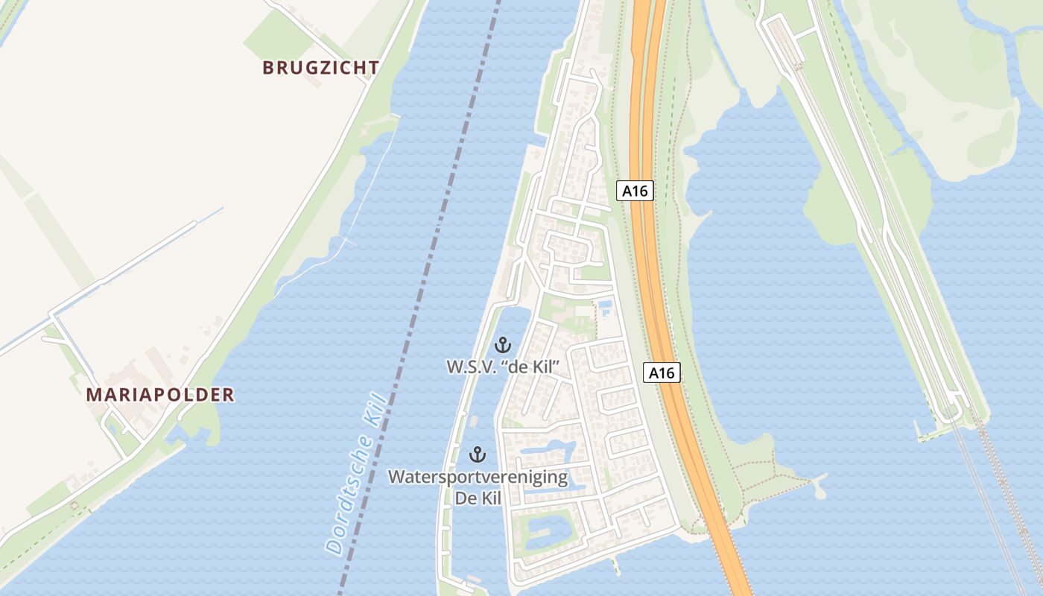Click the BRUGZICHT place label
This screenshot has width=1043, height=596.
coord(320,68)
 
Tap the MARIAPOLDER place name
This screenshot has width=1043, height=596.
coord(160,395)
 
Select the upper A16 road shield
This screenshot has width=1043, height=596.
coord(635,191)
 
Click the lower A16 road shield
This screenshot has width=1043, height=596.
coord(662,372)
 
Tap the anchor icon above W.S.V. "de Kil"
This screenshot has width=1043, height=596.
coord(503,345)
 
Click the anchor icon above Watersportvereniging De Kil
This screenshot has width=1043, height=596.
coord(477,454)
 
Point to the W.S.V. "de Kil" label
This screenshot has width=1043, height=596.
coord(503,367)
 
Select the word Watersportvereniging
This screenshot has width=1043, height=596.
coord(478,477)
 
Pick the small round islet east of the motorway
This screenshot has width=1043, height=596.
coord(820,492)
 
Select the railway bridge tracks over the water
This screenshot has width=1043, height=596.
coord(991,507)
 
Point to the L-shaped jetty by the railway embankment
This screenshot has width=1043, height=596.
coord(924,432)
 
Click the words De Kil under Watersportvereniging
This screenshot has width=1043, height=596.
coord(478,497)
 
